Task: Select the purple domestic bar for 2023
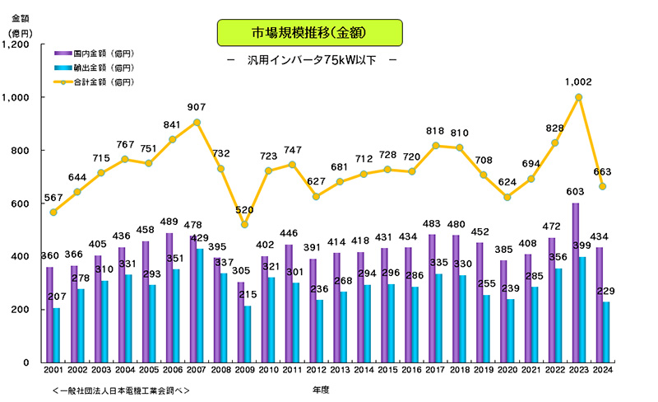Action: point(576,282)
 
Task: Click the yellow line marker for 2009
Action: point(243,224)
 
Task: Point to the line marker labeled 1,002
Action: point(580,96)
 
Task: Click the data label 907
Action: point(197,108)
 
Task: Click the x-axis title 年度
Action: point(322,389)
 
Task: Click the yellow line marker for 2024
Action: point(602,186)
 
